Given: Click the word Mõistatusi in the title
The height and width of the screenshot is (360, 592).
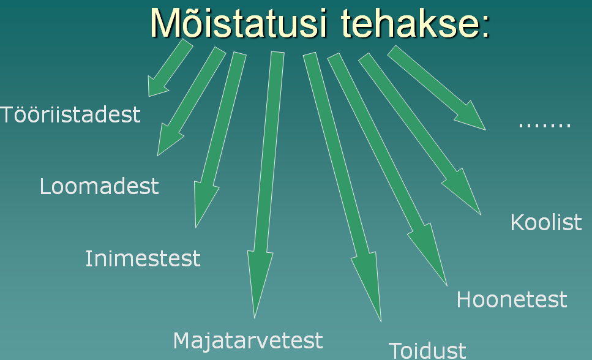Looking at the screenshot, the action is [x=238, y=22].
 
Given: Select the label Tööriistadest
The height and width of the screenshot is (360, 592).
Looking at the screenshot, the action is [x=70, y=114].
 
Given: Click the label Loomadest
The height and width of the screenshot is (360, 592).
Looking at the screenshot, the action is [x=99, y=186].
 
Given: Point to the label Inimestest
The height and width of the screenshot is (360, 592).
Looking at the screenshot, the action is [x=143, y=258].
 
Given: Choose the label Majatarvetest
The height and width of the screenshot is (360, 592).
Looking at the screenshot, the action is [x=248, y=340].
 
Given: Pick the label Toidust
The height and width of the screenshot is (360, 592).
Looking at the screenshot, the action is [x=427, y=351].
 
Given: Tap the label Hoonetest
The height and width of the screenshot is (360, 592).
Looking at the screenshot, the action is [x=512, y=299].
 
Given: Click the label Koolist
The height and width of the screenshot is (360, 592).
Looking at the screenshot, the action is [x=546, y=222].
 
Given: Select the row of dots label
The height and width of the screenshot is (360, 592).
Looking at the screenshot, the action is [x=545, y=125].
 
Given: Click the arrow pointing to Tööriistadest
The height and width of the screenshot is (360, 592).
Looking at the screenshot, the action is [x=170, y=69].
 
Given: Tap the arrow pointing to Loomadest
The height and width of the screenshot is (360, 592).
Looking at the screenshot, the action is [x=190, y=102].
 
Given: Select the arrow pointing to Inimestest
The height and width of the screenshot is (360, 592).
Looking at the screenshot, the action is [x=220, y=140].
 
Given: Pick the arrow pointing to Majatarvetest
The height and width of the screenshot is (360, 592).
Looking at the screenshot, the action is [x=266, y=185].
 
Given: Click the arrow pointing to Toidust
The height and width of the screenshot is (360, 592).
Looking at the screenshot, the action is [x=343, y=187].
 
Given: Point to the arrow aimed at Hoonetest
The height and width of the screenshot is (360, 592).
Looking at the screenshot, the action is [x=388, y=170].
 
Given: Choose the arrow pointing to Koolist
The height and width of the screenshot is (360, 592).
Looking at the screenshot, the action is [x=420, y=134].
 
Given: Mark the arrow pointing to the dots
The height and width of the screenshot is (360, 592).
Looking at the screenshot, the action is [x=437, y=88].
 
